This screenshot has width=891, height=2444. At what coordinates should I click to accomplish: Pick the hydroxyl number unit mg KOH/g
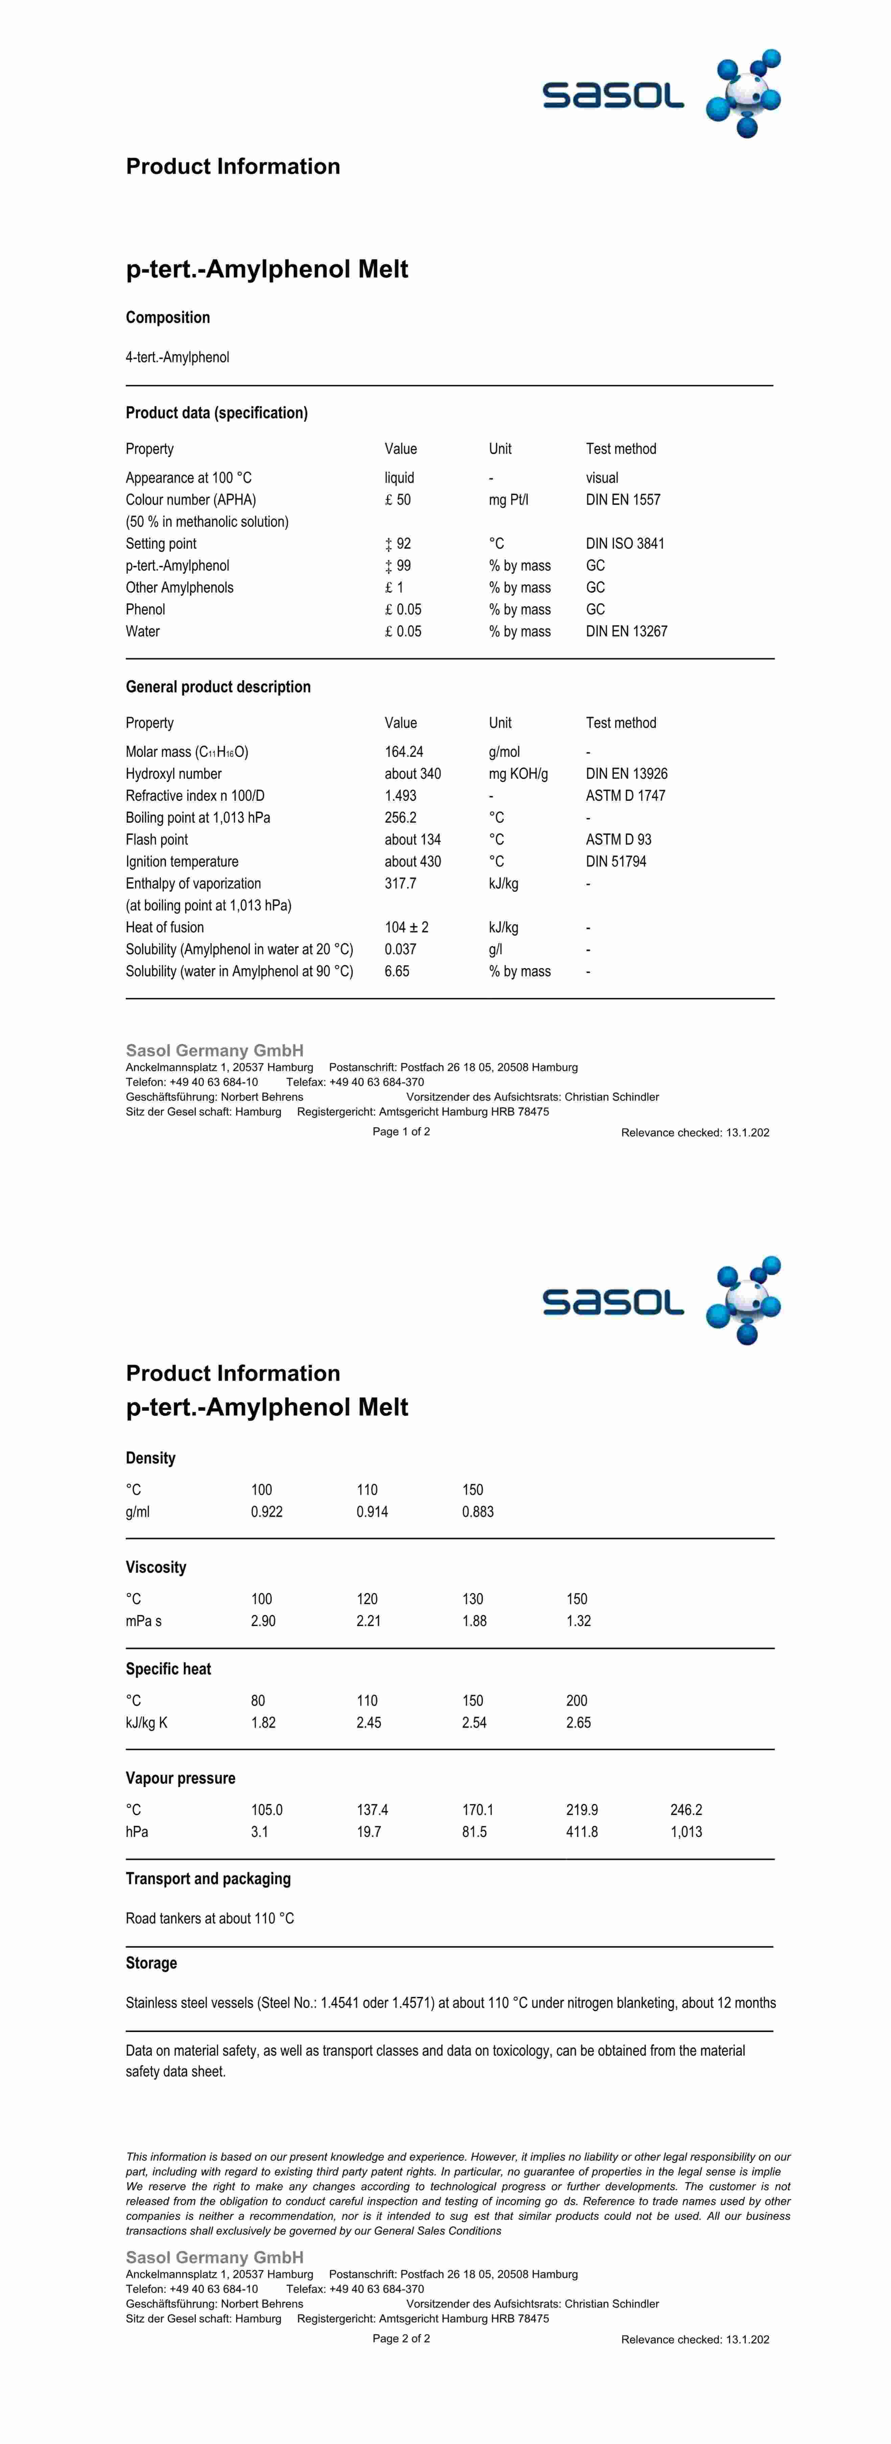(518, 773)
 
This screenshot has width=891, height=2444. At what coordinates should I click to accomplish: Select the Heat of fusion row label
(164, 927)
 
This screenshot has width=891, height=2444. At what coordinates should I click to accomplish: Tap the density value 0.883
(477, 1511)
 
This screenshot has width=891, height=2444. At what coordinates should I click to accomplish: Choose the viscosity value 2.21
(368, 1620)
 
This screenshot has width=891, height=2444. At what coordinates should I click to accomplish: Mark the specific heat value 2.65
(578, 1722)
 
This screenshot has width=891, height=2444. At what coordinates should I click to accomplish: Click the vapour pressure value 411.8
(582, 1831)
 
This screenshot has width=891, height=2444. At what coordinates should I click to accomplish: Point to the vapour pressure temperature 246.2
(686, 1809)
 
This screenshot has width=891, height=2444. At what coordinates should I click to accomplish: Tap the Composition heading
(168, 317)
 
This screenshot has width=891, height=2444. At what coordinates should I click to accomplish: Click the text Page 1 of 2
(401, 1131)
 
